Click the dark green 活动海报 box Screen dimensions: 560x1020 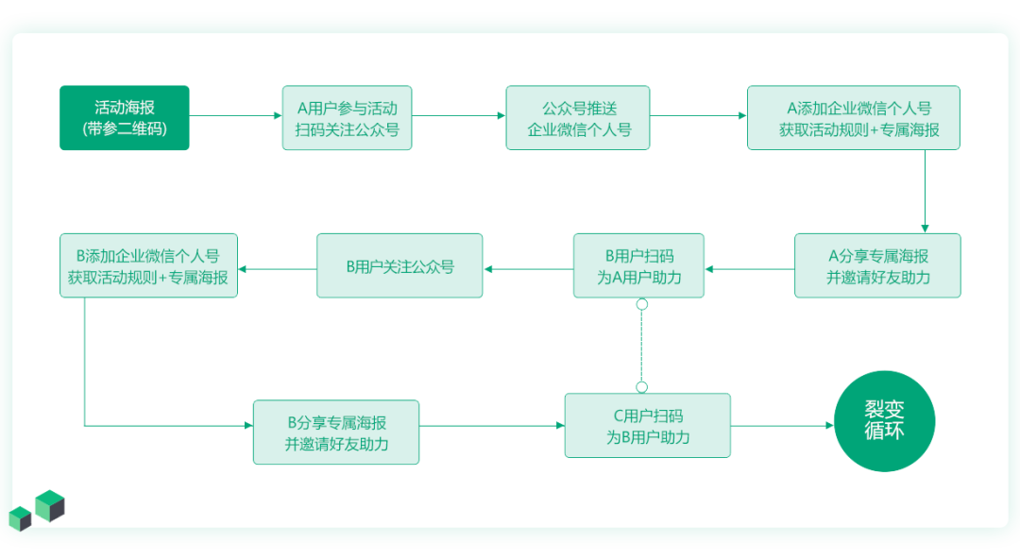click(125, 118)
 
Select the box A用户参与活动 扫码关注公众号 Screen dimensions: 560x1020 click(347, 118)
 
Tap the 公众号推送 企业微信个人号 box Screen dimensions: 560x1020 click(578, 118)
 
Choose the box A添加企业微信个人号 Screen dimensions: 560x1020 click(854, 118)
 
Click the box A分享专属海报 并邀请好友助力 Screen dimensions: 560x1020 click(877, 265)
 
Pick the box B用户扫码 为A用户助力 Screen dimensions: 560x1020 click(638, 265)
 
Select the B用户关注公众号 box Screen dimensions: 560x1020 click(399, 265)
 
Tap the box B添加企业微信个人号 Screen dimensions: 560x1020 click(148, 265)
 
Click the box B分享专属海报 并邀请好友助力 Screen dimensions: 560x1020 click(336, 432)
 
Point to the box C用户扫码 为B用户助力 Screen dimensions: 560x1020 click(648, 426)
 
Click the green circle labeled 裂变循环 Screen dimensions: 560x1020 click(885, 421)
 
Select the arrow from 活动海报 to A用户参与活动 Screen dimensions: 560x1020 click(236, 116)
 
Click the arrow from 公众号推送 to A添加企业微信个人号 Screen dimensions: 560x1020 click(699, 116)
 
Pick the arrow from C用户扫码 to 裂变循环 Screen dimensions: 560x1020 click(782, 426)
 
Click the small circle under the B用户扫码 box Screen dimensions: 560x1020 click(642, 304)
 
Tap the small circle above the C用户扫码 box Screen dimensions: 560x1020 click(642, 386)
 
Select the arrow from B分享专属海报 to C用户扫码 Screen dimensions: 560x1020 click(491, 426)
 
